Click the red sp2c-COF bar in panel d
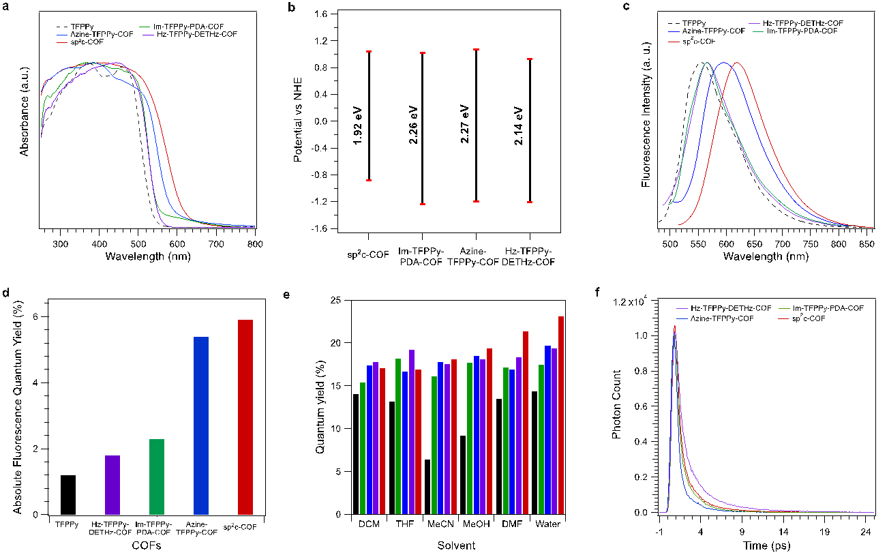(245, 417)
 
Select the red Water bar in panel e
(562, 415)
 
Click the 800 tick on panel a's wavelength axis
(254, 243)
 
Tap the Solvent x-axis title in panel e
(457, 545)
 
